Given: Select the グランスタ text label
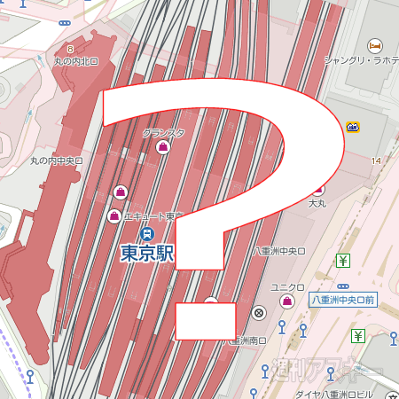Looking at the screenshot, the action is [x=163, y=133].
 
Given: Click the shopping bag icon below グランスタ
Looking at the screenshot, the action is [x=163, y=148].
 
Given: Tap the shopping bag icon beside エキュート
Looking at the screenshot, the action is [x=113, y=216].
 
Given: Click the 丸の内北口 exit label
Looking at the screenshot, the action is [x=78, y=61].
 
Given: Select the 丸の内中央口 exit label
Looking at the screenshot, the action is [x=57, y=161].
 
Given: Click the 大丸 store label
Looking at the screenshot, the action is [x=318, y=204].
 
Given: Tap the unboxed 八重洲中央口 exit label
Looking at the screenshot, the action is [x=279, y=252].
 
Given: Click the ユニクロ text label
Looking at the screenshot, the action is [x=288, y=287].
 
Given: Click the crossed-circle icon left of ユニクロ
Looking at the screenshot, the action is [x=259, y=312].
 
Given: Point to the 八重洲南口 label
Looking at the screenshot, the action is [x=248, y=340].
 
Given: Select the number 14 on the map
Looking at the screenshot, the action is [x=377, y=160].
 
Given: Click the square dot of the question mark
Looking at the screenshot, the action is [x=206, y=321].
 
